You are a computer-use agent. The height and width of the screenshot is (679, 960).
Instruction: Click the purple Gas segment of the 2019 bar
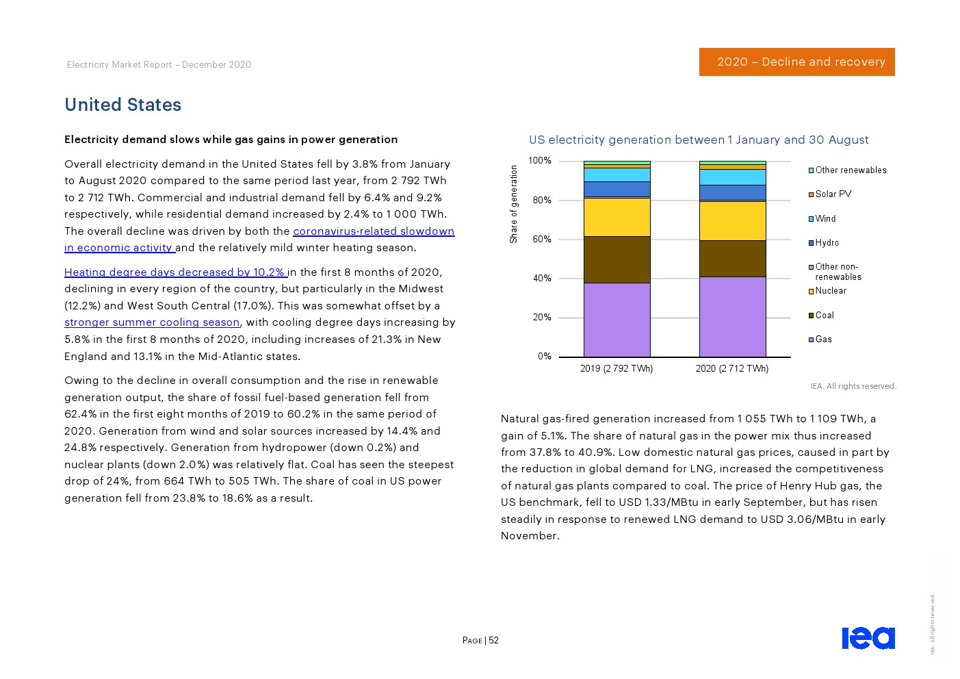coord(617,320)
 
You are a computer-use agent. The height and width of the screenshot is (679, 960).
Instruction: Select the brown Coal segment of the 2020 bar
coord(732,259)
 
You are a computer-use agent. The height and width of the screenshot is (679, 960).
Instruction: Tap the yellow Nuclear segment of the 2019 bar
coord(617,217)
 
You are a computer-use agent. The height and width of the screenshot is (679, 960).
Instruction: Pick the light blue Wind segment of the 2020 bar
coord(732,177)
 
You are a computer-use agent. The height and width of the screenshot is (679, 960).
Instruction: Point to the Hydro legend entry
coord(827,243)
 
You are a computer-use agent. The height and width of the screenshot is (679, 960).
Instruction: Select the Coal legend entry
coord(824,316)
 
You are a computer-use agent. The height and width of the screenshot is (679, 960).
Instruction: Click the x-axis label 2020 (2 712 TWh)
coord(731,369)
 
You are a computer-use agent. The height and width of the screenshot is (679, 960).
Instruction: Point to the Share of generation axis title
coord(514,204)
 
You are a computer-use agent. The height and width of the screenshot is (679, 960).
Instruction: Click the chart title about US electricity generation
coord(699,140)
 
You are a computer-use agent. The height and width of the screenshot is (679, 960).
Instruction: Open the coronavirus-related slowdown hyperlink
coord(373,231)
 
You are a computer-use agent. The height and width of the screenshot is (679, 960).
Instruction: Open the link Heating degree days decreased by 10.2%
coord(174,272)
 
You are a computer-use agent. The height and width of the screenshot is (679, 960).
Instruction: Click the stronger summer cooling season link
coord(152,322)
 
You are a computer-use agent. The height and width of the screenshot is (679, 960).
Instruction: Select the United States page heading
coord(123,105)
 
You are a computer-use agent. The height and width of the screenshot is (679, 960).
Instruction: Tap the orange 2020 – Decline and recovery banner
coord(796,62)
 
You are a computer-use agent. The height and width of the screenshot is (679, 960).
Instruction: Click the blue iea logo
coord(868,638)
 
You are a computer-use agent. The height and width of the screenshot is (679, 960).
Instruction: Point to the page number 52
coord(493,641)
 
